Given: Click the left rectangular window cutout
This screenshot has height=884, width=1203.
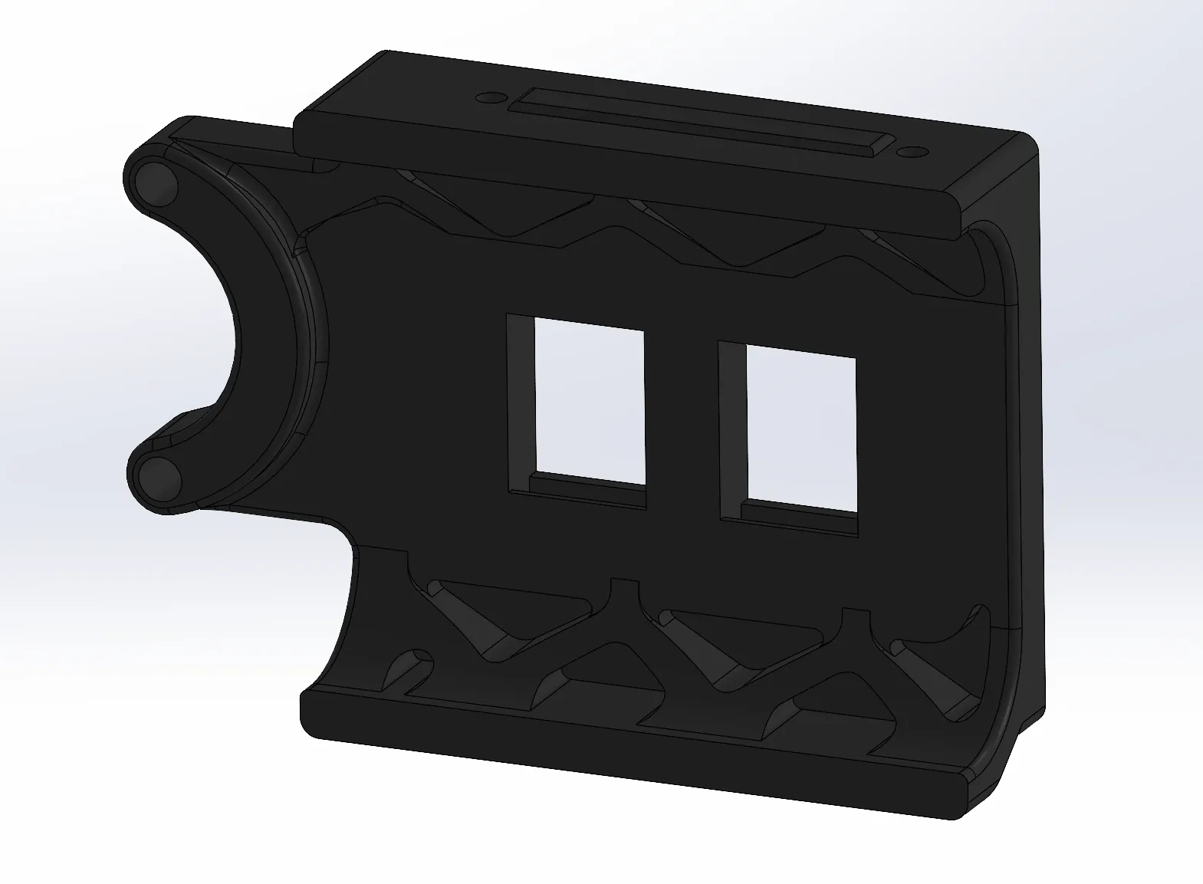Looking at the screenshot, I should (589, 400).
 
